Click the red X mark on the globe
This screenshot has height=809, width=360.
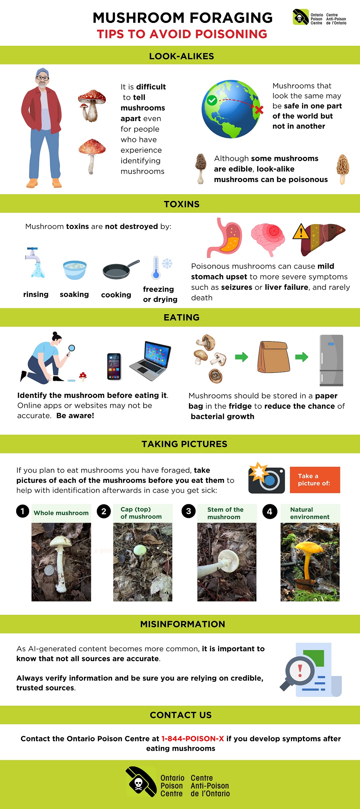pos(259,110)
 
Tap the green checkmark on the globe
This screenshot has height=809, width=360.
pos(212,100)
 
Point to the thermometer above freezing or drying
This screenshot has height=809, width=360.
pos(156,268)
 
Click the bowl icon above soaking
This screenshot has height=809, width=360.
pos(74,270)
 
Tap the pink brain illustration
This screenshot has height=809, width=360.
pos(268,238)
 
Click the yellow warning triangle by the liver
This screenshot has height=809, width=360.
pos(301,232)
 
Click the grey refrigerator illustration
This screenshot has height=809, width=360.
pos(331,360)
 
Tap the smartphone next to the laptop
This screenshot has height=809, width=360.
pos(114,366)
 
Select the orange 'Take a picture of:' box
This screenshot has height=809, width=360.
pos(314,480)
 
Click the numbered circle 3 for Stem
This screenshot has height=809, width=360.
pos(188,511)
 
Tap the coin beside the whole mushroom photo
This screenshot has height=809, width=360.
pos(49,570)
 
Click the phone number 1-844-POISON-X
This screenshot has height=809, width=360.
pos(192,739)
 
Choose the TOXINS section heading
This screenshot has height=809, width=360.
pos(181,204)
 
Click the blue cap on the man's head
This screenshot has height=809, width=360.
pos(43,72)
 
